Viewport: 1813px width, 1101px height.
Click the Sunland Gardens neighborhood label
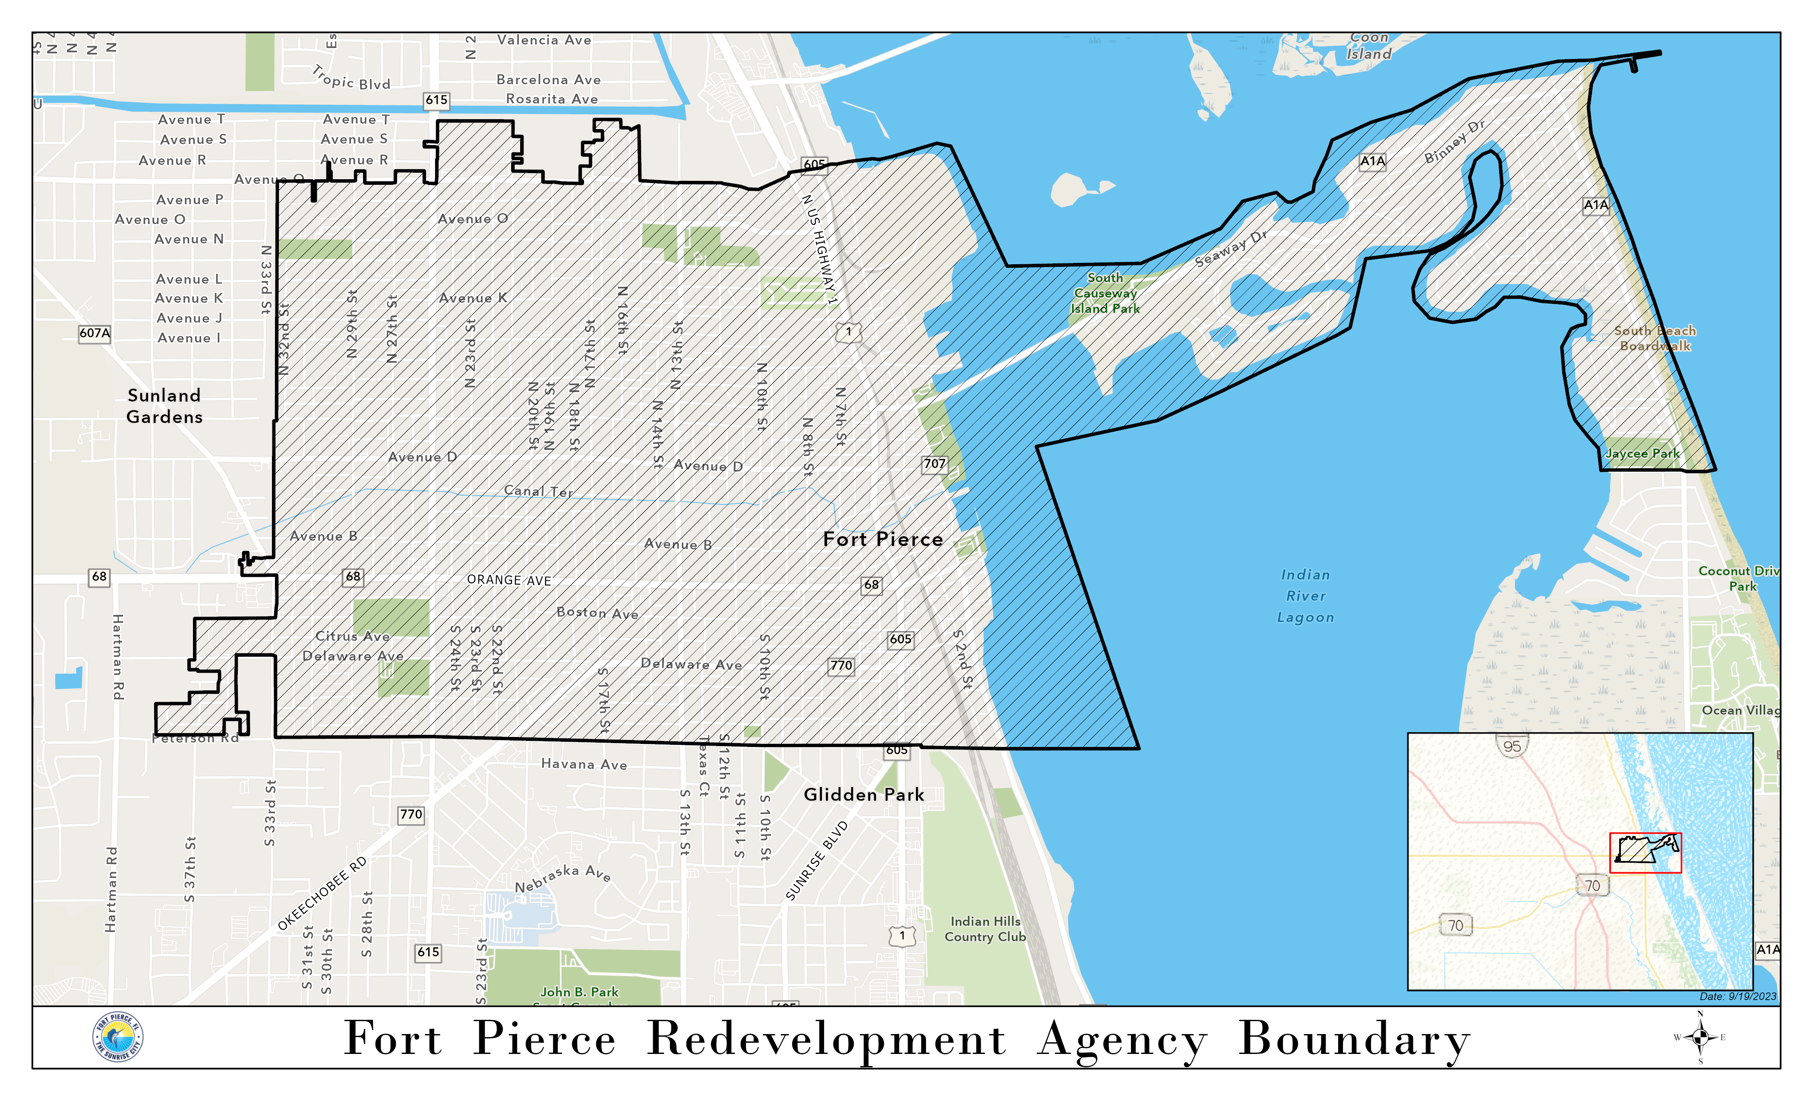pos(164,406)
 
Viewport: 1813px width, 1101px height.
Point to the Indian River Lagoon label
pos(1305,596)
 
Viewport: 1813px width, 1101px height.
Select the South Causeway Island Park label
pos(1105,293)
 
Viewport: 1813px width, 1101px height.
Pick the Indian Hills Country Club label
pos(985,929)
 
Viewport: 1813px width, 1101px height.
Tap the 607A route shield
pos(95,332)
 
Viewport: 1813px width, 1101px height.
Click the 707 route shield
pos(934,464)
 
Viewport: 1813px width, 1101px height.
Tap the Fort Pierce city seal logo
pos(118,1038)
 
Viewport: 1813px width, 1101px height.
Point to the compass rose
pos(1700,1038)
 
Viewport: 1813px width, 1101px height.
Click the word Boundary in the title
pos(1354,1039)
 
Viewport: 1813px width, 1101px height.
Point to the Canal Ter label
pos(538,491)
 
